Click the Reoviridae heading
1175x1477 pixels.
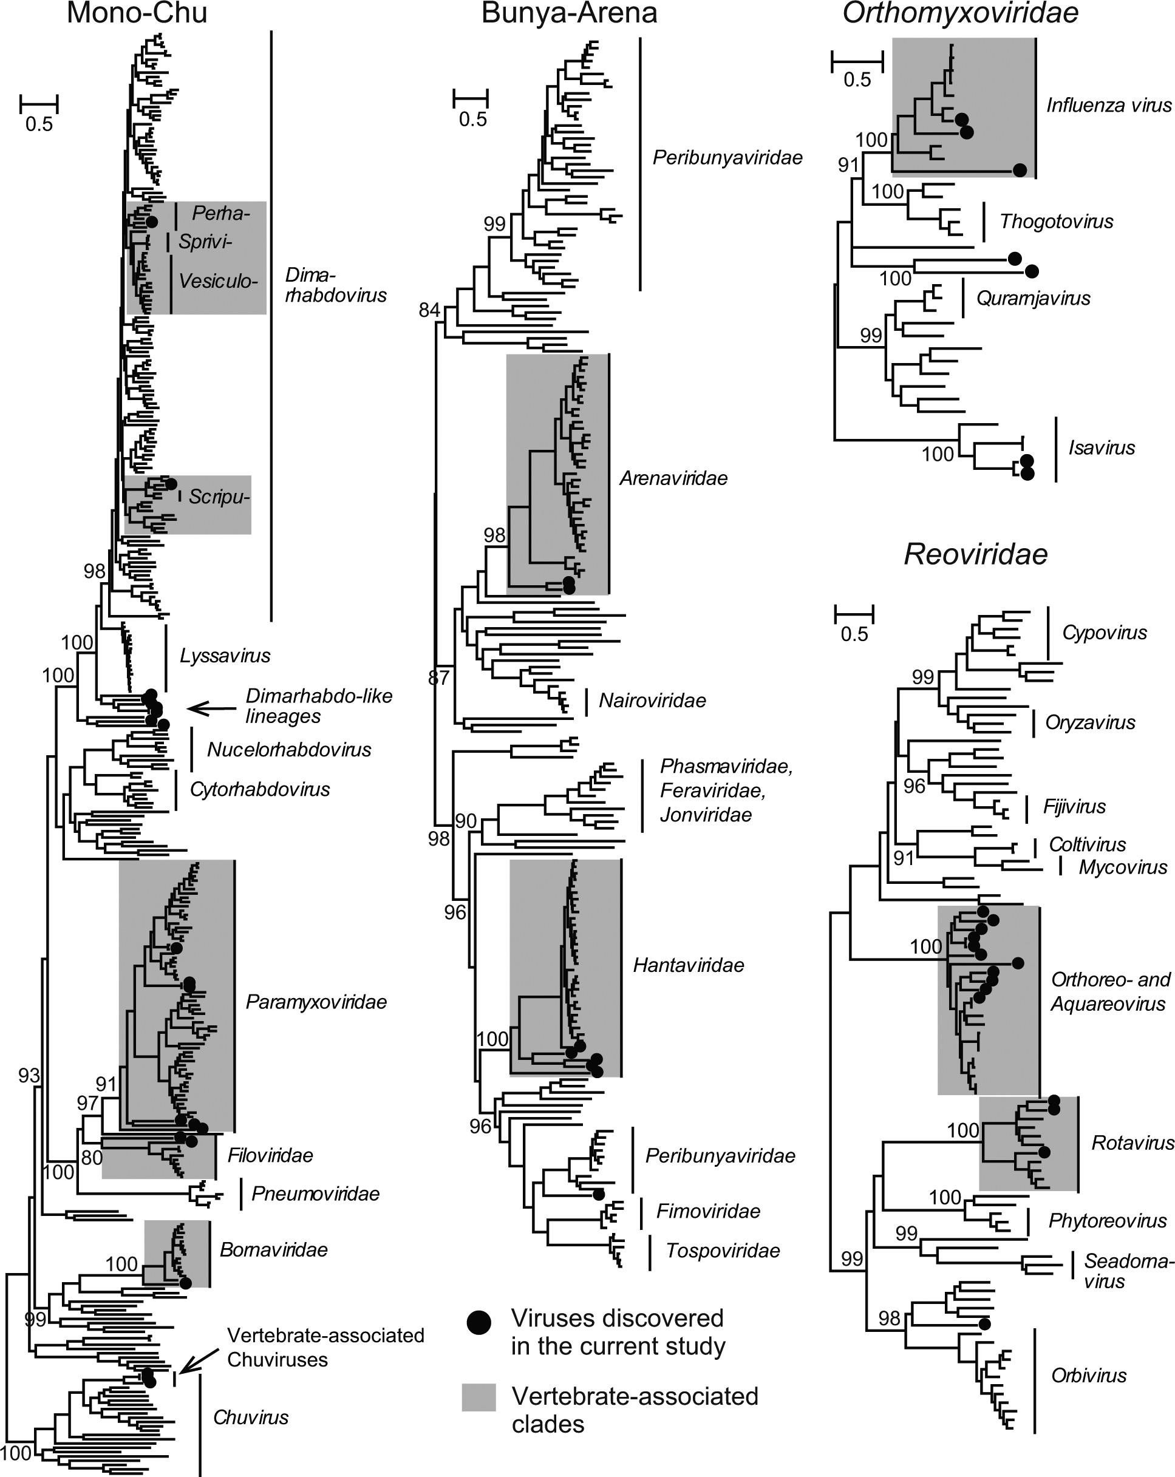pyautogui.click(x=976, y=554)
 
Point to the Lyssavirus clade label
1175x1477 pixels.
pyautogui.click(x=225, y=656)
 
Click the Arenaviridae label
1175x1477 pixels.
pyautogui.click(x=673, y=478)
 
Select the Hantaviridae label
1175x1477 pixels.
pyautogui.click(x=688, y=965)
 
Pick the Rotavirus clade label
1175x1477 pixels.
pyautogui.click(x=1132, y=1143)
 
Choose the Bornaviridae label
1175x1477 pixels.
pyautogui.click(x=273, y=1249)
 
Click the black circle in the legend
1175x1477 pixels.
pyautogui.click(x=479, y=1323)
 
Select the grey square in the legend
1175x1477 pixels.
pyautogui.click(x=479, y=1397)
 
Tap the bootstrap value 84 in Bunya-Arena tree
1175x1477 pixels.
pyautogui.click(x=429, y=310)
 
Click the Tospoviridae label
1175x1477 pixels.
pyautogui.click(x=723, y=1251)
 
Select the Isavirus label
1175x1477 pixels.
pyautogui.click(x=1101, y=448)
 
